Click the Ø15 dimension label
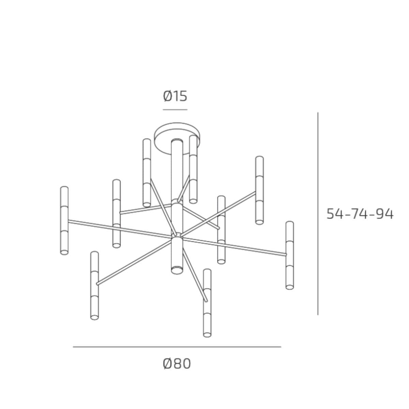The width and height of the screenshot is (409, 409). [x=175, y=96]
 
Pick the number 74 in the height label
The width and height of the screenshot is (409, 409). [x=360, y=214]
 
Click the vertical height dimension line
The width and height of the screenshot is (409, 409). [x=318, y=213]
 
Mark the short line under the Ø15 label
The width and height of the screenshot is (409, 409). [x=175, y=110]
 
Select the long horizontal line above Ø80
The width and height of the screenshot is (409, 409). [x=177, y=347]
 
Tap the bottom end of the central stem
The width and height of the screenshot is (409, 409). [x=177, y=271]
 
